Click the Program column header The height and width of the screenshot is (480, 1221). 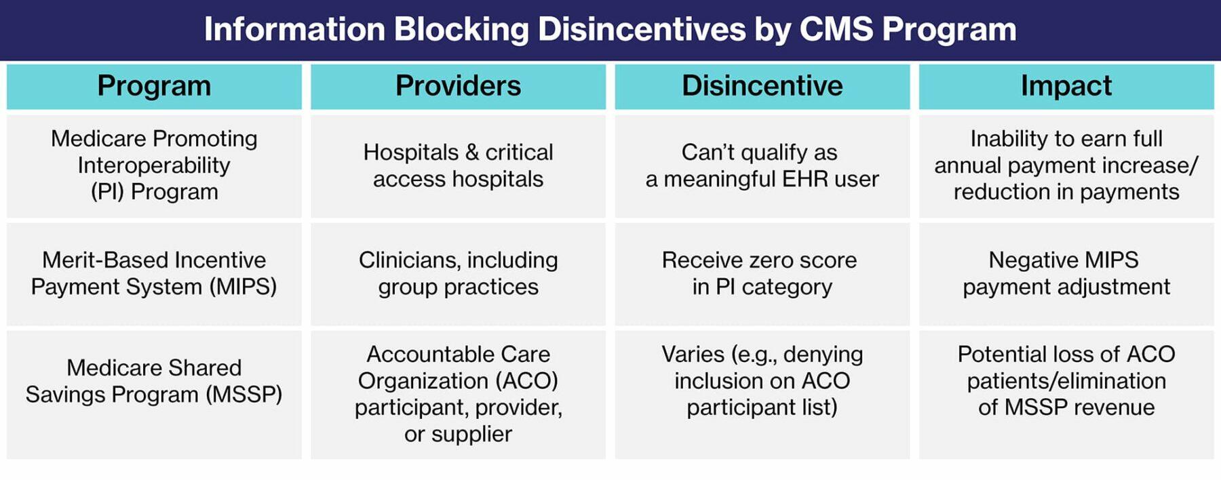tap(154, 86)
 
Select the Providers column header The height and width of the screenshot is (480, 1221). tap(458, 86)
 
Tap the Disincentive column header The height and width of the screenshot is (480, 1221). tap(762, 86)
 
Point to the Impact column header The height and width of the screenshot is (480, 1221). tap(1066, 86)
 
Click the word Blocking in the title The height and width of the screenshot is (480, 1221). tap(461, 30)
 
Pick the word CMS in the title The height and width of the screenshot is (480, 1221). tap(836, 30)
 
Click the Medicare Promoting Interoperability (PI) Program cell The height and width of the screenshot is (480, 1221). tap(154, 165)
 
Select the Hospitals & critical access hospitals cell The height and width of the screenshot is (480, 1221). tap(458, 165)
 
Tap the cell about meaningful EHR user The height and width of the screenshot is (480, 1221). tap(762, 165)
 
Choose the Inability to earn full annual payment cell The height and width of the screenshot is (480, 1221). tap(1066, 165)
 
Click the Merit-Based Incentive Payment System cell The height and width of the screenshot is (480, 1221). tap(154, 273)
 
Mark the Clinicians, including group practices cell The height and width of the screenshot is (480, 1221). tap(458, 273)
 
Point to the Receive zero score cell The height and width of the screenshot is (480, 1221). tap(762, 273)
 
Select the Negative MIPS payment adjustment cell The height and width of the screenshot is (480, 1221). tap(1066, 273)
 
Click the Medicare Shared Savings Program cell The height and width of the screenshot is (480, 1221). tap(154, 381)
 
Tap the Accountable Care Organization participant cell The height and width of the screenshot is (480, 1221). tap(458, 394)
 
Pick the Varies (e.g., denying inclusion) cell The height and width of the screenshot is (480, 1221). tap(762, 381)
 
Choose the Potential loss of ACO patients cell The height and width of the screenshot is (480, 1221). tap(1066, 381)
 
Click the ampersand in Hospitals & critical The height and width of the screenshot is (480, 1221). tap(472, 153)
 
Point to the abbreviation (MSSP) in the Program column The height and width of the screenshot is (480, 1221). tap(244, 395)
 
